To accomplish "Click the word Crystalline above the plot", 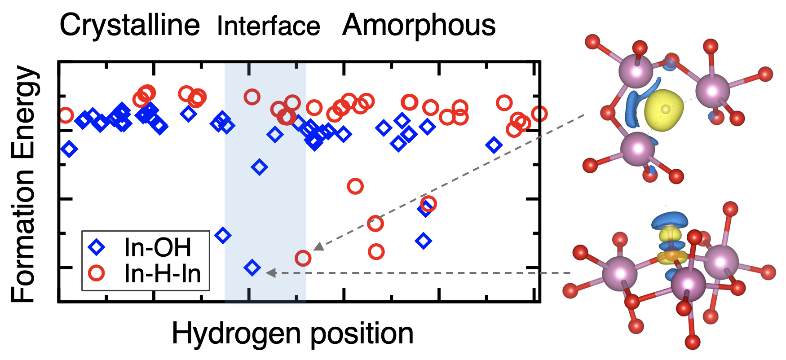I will coord(129,25).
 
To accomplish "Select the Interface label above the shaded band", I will coord(268,26).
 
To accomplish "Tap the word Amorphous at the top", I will coord(419,25).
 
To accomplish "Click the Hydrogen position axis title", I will coord(292,334).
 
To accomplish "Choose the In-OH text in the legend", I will coord(158,247).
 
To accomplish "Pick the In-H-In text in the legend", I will coord(162,273).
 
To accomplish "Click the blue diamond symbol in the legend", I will coord(97,247).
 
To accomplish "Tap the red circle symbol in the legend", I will coord(97,273).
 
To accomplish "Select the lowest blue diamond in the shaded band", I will coord(252,268).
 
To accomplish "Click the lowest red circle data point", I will coord(303,258).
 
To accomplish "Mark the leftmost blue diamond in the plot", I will coord(69,149).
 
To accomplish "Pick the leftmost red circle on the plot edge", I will coord(66,115).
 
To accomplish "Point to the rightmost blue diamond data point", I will coord(494,145).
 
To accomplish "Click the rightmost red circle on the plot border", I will coord(539,114).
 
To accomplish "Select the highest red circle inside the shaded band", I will coord(252,97).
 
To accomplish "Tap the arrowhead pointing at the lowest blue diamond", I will coord(270,272).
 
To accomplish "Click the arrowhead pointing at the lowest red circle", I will coord(319,246).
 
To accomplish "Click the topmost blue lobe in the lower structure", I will coord(669,220).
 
